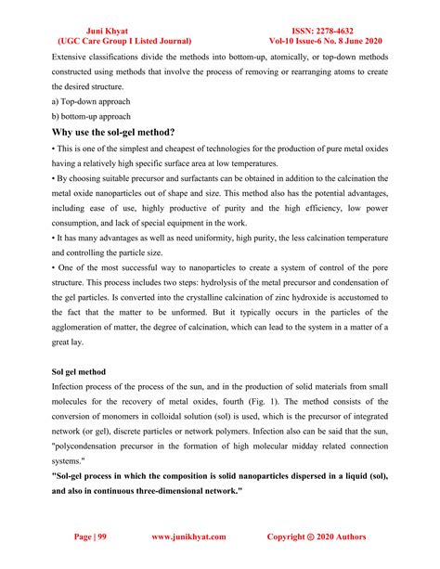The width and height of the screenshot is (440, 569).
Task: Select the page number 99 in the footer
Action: coord(99,537)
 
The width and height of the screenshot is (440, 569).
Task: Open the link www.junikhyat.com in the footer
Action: coord(192,537)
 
